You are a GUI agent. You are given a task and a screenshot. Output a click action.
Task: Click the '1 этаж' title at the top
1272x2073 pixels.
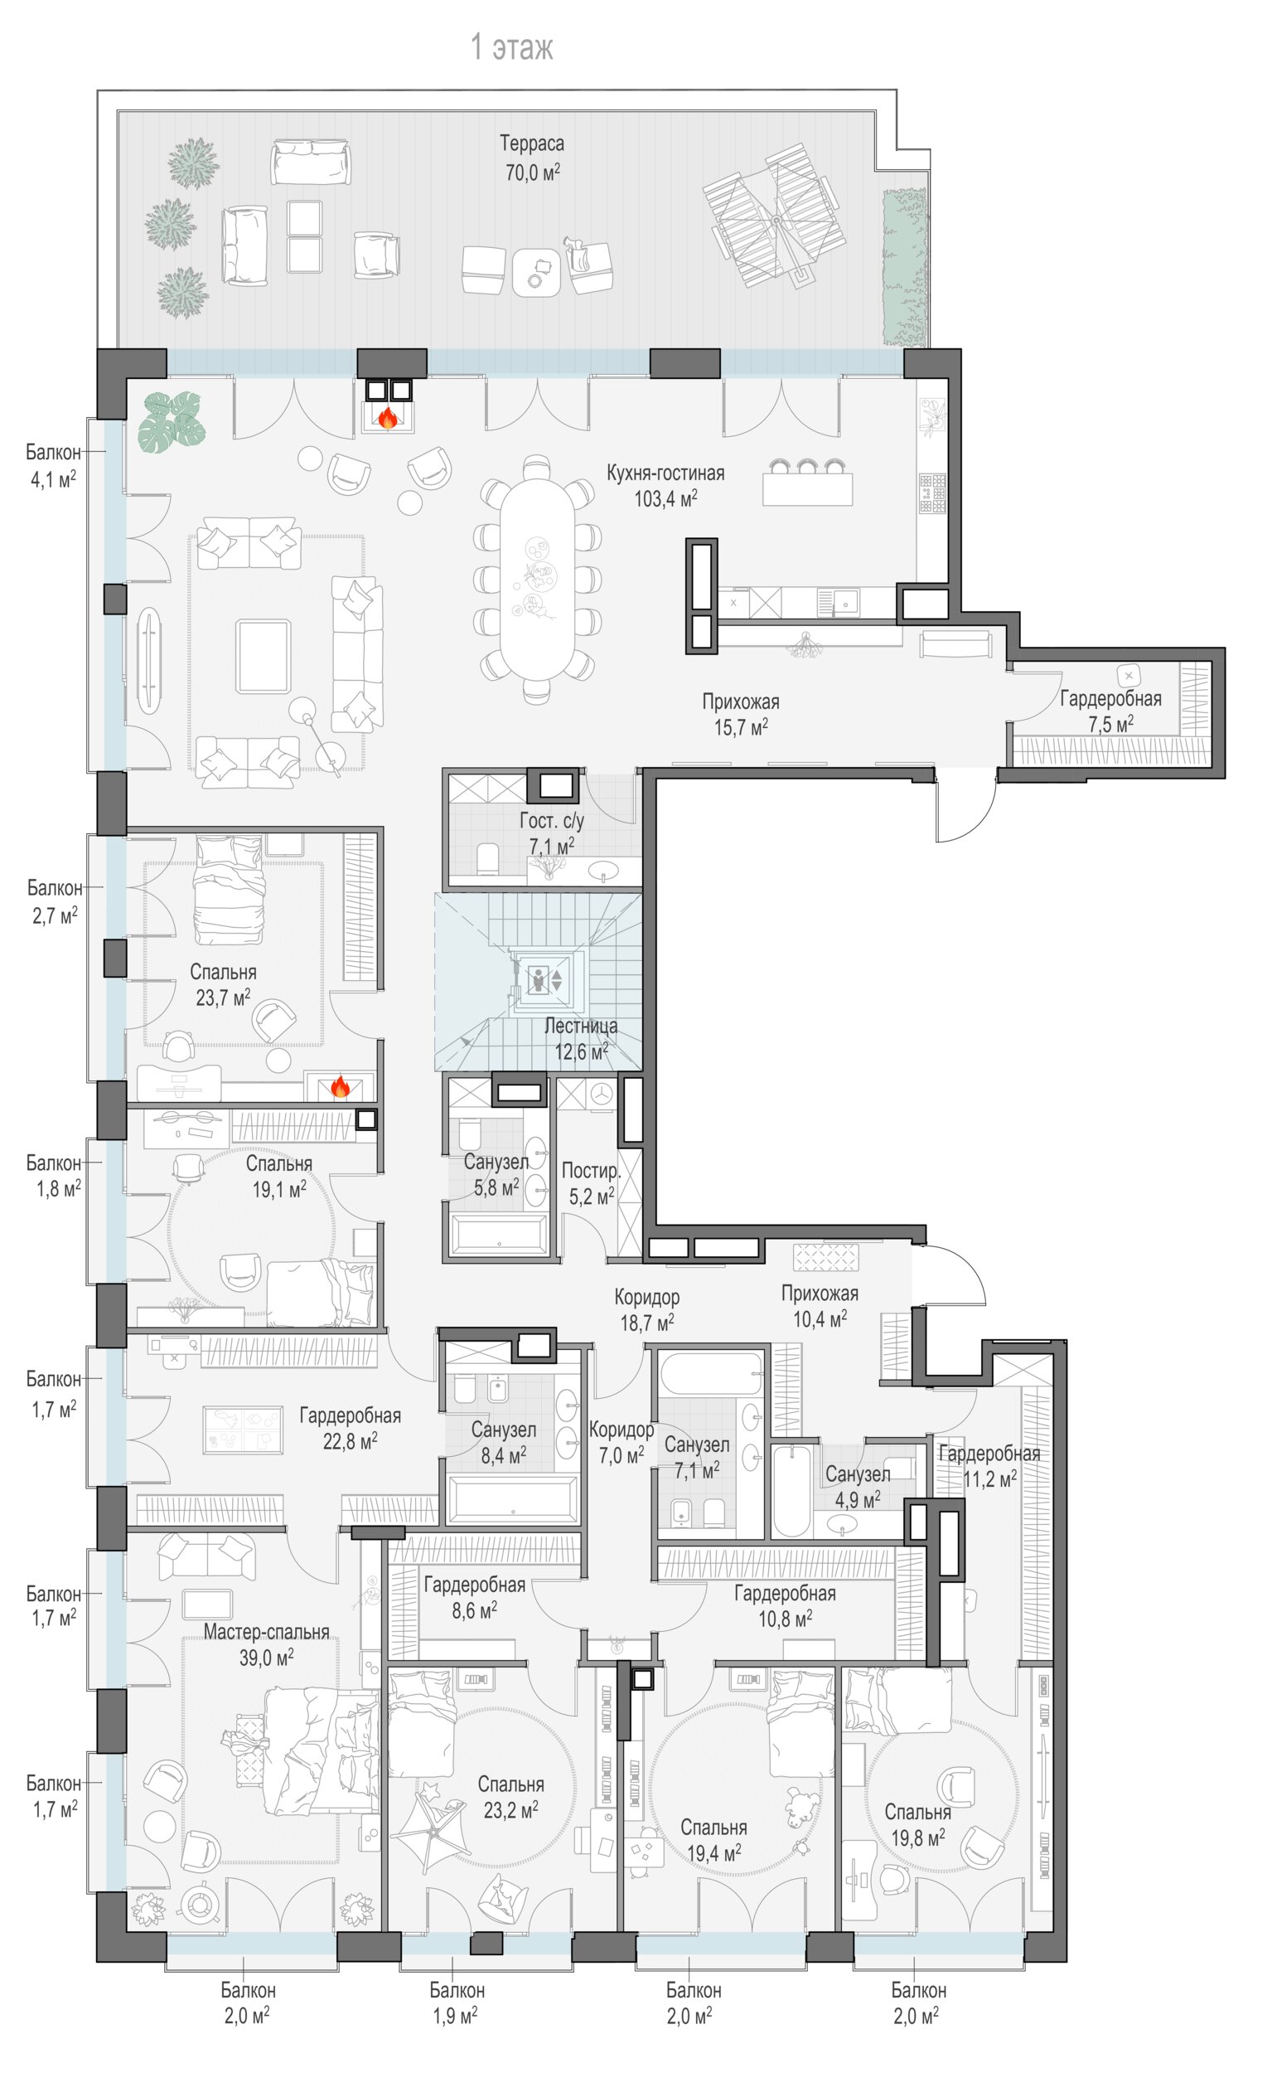pos(511,47)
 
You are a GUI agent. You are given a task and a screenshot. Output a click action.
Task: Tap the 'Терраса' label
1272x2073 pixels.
pos(532,144)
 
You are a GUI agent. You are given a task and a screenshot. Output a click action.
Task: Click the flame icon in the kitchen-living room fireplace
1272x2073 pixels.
pos(388,417)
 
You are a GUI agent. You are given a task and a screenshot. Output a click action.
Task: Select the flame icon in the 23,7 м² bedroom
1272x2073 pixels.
pos(340,1086)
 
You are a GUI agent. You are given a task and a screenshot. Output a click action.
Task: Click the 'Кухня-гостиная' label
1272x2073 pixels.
pos(665,473)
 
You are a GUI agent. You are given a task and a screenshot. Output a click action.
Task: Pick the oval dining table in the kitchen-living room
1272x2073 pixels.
pos(538,578)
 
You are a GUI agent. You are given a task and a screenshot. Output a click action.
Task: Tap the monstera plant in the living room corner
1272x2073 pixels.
pos(172,423)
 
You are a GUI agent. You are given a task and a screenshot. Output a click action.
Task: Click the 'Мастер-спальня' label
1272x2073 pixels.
pos(266,1631)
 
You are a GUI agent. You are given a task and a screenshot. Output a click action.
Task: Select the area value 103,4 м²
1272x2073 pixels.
pos(665,498)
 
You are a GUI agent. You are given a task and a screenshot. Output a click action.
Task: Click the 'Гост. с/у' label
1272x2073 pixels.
pos(552,821)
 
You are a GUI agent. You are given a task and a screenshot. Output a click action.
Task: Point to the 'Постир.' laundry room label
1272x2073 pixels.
pos(592,1171)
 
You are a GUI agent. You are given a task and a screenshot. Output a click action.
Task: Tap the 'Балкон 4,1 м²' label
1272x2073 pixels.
pos(53,465)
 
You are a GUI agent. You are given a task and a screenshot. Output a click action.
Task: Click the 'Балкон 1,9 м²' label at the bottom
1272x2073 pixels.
pos(457,2003)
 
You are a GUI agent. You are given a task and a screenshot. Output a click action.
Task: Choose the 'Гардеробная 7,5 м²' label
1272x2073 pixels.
pos(1110,711)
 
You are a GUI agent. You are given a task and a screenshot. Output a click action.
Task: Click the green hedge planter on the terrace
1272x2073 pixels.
pos(904,268)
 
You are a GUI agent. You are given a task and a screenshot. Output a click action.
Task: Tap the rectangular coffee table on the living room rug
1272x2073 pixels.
pos(264,656)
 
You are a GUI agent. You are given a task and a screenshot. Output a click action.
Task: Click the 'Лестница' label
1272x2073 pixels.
pos(580,1026)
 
